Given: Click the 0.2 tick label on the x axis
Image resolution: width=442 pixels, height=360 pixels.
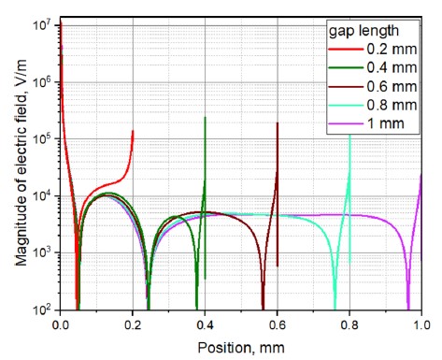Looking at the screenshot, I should [x=134, y=323].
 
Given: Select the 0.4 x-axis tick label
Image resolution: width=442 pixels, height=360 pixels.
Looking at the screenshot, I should [x=206, y=323].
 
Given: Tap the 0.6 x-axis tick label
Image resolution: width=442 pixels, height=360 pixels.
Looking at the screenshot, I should [x=278, y=323].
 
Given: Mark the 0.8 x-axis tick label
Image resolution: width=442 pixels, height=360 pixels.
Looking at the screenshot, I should [x=349, y=323].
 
